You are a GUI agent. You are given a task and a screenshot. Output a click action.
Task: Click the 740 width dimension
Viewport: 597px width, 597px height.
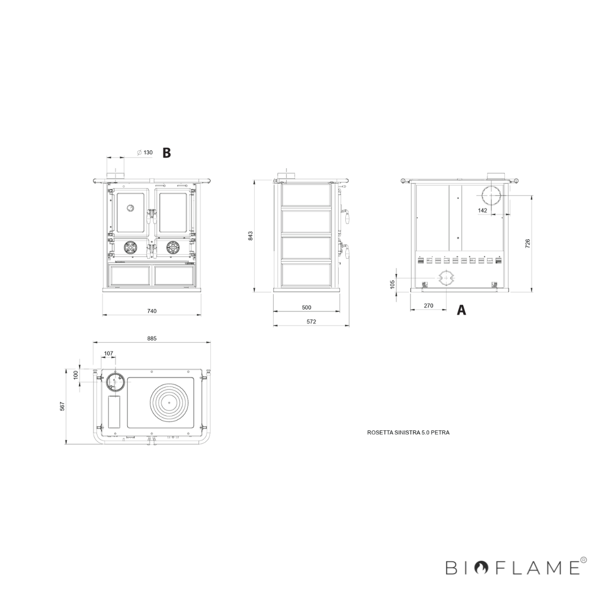click(152, 311)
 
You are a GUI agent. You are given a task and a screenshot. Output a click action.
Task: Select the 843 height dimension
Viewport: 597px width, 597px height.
click(251, 235)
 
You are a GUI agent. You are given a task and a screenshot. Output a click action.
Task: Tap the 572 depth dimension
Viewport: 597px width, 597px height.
click(311, 321)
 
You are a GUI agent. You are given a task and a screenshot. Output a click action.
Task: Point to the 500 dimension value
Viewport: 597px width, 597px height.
click(306, 307)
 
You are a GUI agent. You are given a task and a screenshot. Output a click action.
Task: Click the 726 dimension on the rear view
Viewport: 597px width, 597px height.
click(528, 243)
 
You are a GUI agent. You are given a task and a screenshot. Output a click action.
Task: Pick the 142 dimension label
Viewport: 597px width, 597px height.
click(483, 210)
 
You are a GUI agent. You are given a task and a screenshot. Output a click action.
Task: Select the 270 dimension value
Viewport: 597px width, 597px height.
click(428, 305)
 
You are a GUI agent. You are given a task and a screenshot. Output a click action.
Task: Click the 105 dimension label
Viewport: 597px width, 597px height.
click(393, 284)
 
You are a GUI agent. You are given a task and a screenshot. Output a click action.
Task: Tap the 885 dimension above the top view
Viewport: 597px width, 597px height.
click(152, 339)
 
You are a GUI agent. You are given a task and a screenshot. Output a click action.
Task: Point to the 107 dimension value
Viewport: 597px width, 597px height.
click(108, 354)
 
